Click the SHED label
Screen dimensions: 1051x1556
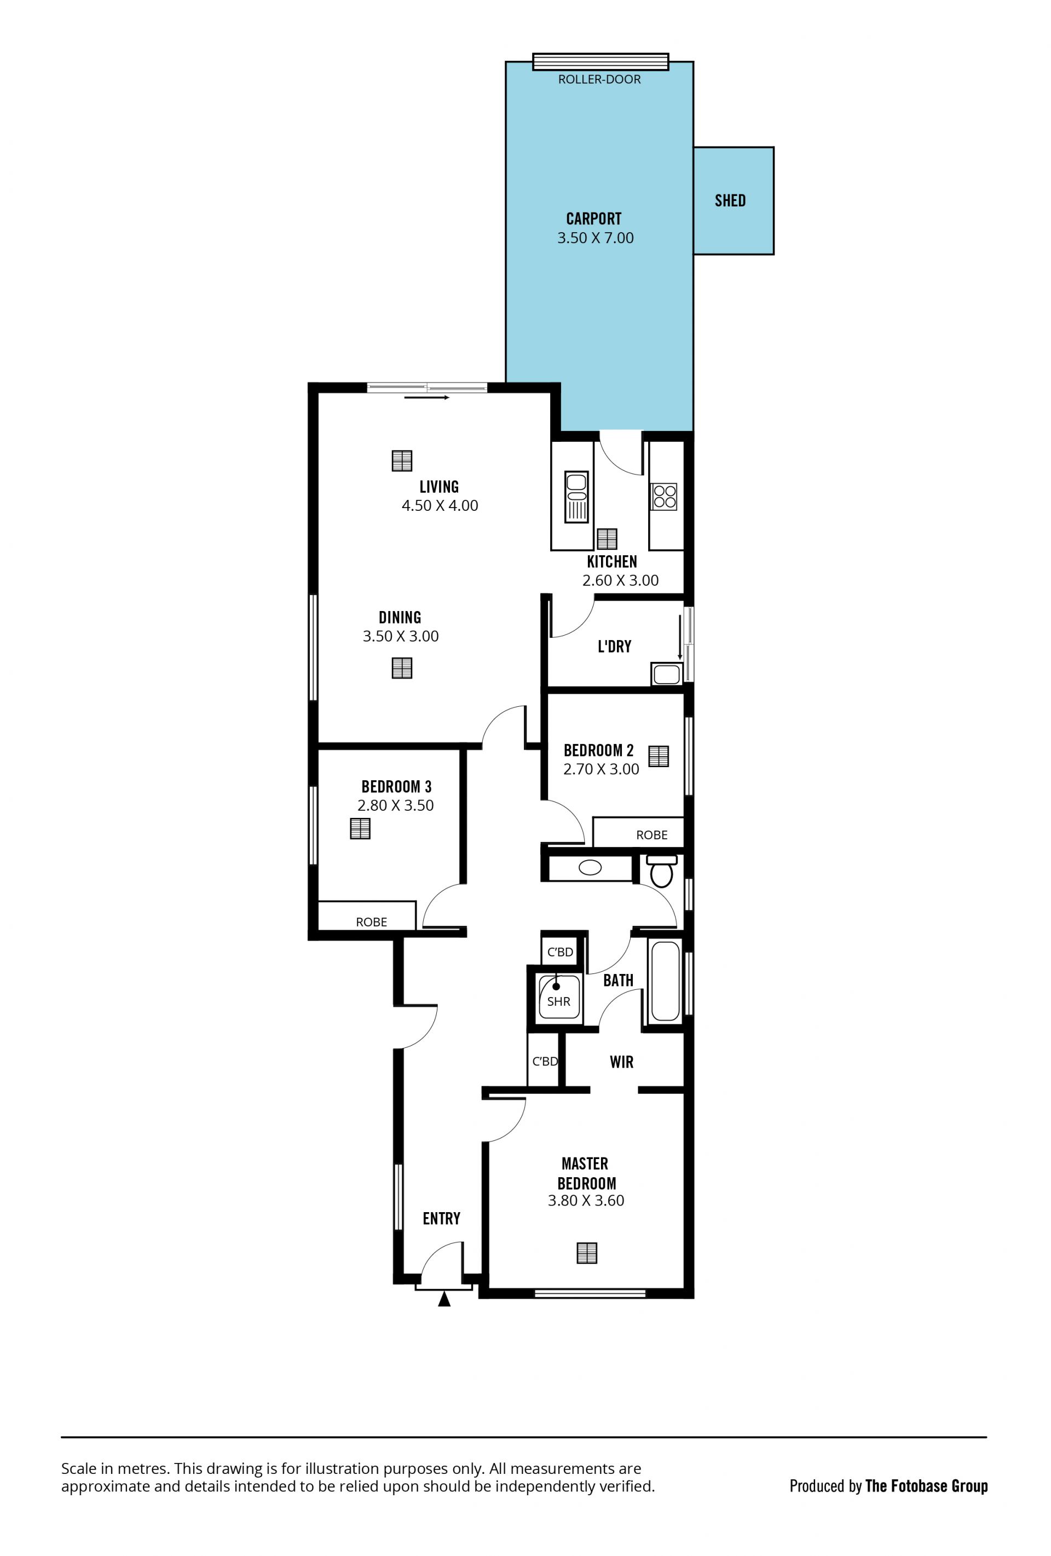pyautogui.click(x=730, y=200)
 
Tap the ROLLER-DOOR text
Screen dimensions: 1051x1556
pyautogui.click(x=599, y=79)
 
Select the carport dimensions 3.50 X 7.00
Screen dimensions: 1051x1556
pyautogui.click(x=595, y=238)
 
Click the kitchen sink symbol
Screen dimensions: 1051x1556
pyautogui.click(x=576, y=496)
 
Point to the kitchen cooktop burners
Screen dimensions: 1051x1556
pyautogui.click(x=664, y=496)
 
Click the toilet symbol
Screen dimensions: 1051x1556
pyautogui.click(x=661, y=870)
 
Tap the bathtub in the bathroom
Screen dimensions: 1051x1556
pyautogui.click(x=665, y=981)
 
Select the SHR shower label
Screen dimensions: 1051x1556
pyautogui.click(x=558, y=1001)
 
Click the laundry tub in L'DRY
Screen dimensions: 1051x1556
pyautogui.click(x=666, y=673)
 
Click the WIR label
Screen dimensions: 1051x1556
pyautogui.click(x=621, y=1062)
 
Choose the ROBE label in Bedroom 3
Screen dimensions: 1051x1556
pyautogui.click(x=372, y=922)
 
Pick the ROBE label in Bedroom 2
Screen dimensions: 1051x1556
pyautogui.click(x=652, y=835)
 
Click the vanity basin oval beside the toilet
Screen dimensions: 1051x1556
pyautogui.click(x=590, y=868)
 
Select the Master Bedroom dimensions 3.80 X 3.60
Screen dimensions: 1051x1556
pyautogui.click(x=586, y=1201)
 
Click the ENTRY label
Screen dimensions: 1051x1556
pyautogui.click(x=441, y=1219)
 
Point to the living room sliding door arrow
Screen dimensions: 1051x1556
pyautogui.click(x=426, y=397)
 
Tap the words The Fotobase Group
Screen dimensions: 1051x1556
pyautogui.click(x=927, y=1486)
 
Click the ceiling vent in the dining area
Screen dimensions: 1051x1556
pyautogui.click(x=402, y=667)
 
